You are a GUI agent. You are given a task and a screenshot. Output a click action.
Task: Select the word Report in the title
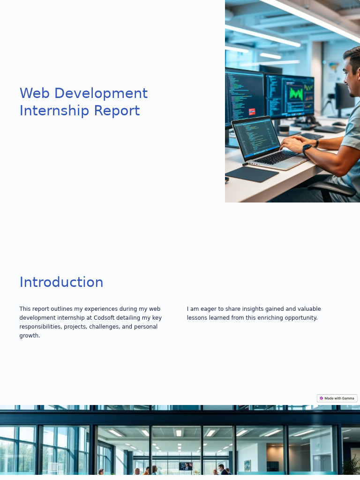[117, 111]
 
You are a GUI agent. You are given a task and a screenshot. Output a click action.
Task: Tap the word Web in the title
[35, 93]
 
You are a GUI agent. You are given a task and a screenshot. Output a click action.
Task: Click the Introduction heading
[61, 282]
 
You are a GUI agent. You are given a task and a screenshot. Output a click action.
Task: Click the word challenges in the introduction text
[105, 327]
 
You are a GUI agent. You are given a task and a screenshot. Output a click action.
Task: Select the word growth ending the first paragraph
[29, 336]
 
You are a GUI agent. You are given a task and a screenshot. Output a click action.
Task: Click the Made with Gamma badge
[337, 398]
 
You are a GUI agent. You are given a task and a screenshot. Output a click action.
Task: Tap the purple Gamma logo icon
[322, 398]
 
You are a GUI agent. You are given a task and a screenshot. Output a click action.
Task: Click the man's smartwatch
[307, 150]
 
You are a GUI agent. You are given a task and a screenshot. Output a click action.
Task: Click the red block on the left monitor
[252, 112]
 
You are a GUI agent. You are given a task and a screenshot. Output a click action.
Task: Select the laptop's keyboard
[277, 157]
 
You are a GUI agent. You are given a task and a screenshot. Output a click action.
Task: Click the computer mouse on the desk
[338, 124]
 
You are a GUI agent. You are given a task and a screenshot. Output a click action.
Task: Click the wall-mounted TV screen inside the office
[186, 466]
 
